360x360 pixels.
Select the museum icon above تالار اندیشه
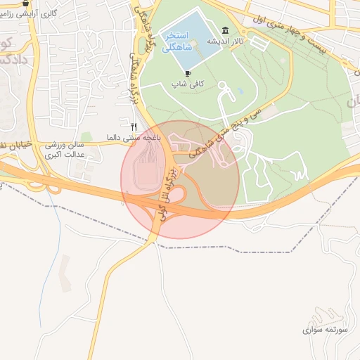[224, 30]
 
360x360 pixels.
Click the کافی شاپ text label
[188, 84]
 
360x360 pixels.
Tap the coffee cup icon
[188, 73]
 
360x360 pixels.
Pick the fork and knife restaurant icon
[134, 127]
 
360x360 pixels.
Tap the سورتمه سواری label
[322, 329]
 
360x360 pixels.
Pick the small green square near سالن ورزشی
[86, 137]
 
